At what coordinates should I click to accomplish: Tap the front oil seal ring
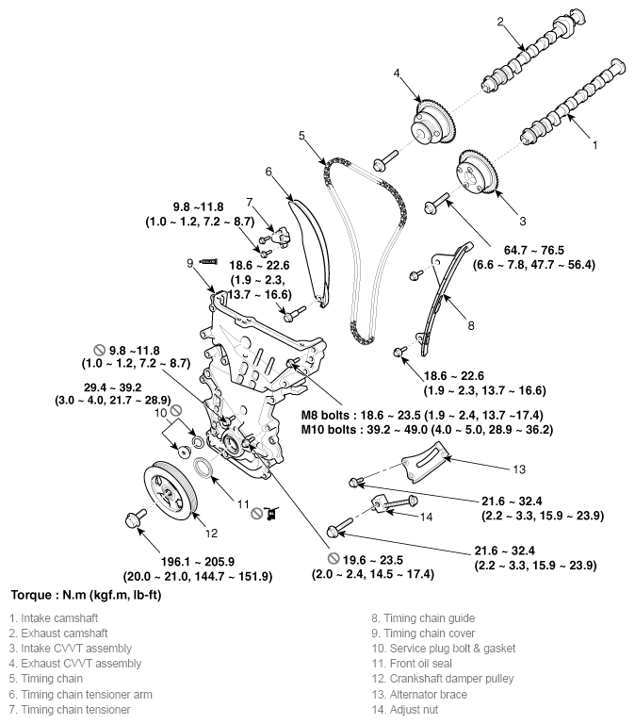click(204, 469)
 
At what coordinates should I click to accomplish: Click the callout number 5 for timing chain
click(302, 136)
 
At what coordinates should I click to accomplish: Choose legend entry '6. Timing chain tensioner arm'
click(80, 694)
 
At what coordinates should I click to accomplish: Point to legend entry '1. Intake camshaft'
click(57, 618)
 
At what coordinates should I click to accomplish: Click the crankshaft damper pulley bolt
click(131, 518)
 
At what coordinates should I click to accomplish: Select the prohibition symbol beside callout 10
click(175, 410)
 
